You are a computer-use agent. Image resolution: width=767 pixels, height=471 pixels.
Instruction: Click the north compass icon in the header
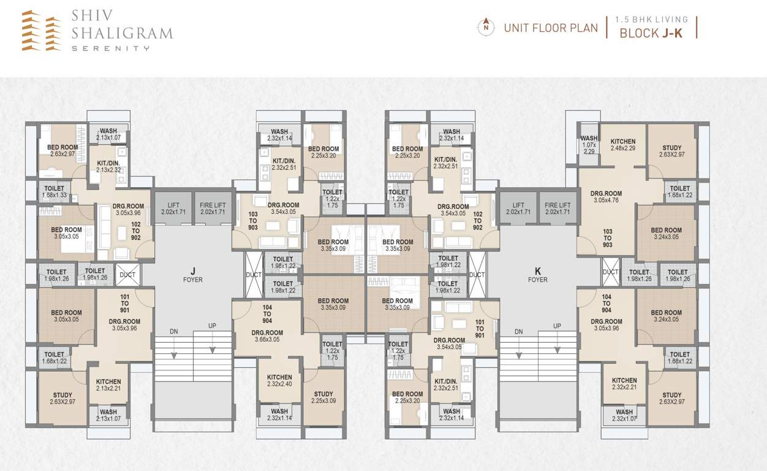click(x=486, y=27)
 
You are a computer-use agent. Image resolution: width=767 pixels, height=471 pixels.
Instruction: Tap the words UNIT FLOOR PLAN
click(x=550, y=28)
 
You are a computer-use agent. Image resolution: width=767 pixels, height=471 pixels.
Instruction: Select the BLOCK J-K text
click(x=651, y=33)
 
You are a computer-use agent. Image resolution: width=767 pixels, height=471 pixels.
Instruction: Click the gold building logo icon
click(x=42, y=30)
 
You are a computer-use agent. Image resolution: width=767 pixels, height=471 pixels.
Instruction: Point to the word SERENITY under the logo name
click(x=110, y=47)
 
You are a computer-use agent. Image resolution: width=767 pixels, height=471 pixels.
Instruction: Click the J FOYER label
click(x=192, y=275)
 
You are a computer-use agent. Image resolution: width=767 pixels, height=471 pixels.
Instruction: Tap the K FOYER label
click(x=538, y=275)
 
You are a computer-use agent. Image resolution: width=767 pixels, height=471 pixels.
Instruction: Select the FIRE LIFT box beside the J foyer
click(x=213, y=209)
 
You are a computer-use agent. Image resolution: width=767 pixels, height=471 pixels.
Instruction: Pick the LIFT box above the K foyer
click(x=518, y=209)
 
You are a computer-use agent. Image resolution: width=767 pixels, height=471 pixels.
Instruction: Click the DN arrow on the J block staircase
click(x=174, y=347)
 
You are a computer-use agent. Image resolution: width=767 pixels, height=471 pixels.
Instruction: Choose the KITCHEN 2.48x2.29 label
click(x=623, y=145)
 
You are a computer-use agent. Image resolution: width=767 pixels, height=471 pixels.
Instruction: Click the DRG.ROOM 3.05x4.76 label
click(x=607, y=196)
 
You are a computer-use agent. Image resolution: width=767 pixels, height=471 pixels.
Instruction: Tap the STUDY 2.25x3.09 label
click(x=323, y=397)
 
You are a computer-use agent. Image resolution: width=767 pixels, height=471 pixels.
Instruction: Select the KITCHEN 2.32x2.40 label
click(x=279, y=380)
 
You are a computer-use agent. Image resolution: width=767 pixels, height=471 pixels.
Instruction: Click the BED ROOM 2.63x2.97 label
click(x=62, y=150)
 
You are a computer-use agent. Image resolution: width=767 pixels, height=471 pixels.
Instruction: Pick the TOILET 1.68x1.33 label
click(x=55, y=192)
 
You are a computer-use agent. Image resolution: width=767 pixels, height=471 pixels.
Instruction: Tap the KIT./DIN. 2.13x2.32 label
click(x=109, y=166)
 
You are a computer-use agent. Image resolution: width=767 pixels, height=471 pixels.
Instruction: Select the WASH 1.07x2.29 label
click(x=589, y=144)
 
